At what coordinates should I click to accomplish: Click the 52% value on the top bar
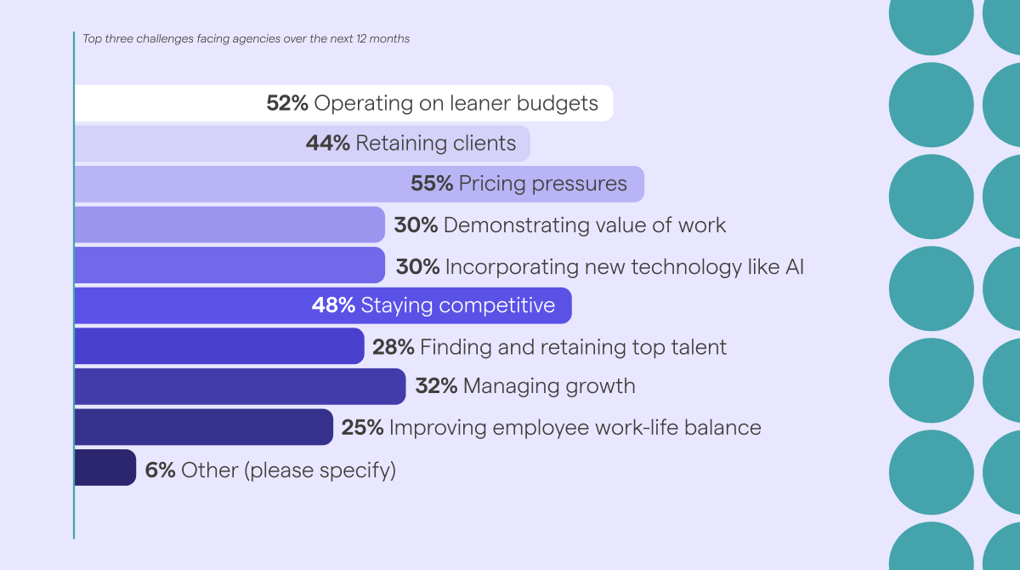point(287,104)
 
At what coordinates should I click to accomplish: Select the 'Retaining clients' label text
point(435,144)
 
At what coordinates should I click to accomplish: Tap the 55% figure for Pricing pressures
point(432,184)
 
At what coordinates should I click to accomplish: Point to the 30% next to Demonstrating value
point(416,225)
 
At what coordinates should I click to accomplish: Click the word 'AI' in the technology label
point(792,267)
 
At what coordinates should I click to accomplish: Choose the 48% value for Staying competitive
point(333,305)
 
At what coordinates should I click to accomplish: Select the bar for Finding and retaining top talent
point(218,346)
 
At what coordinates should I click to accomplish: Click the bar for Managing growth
point(239,386)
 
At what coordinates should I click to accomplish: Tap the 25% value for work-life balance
point(361,427)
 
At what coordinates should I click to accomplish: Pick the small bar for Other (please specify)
point(105,468)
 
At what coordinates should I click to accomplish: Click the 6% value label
point(160,470)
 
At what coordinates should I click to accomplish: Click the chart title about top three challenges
point(246,38)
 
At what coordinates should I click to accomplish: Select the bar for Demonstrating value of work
point(229,225)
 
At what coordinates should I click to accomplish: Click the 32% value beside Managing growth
point(436,386)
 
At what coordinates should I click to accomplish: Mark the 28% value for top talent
point(393,347)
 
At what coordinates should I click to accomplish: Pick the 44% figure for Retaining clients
point(327,144)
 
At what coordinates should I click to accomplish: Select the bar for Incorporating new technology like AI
point(229,265)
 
